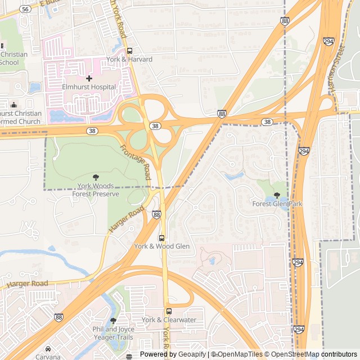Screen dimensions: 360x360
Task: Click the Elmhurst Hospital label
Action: [x=89, y=87]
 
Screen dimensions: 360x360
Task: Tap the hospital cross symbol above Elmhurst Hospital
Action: [x=89, y=78]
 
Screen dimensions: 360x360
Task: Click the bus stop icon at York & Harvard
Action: [x=130, y=51]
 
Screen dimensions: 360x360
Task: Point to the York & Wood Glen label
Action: [x=161, y=246]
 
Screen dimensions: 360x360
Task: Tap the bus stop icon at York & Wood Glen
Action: [x=162, y=238]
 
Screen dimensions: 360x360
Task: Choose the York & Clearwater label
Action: [x=169, y=320]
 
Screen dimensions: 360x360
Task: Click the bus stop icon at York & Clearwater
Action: [x=169, y=311]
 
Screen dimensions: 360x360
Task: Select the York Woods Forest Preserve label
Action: [x=96, y=190]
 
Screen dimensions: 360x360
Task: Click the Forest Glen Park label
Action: [x=277, y=204]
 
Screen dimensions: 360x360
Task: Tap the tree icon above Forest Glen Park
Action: [x=277, y=195]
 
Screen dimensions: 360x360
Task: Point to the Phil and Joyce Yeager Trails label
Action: [x=114, y=334]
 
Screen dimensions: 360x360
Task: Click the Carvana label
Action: [x=48, y=357]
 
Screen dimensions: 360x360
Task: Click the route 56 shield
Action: [x=25, y=9]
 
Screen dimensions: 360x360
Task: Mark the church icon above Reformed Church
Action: [x=14, y=105]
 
